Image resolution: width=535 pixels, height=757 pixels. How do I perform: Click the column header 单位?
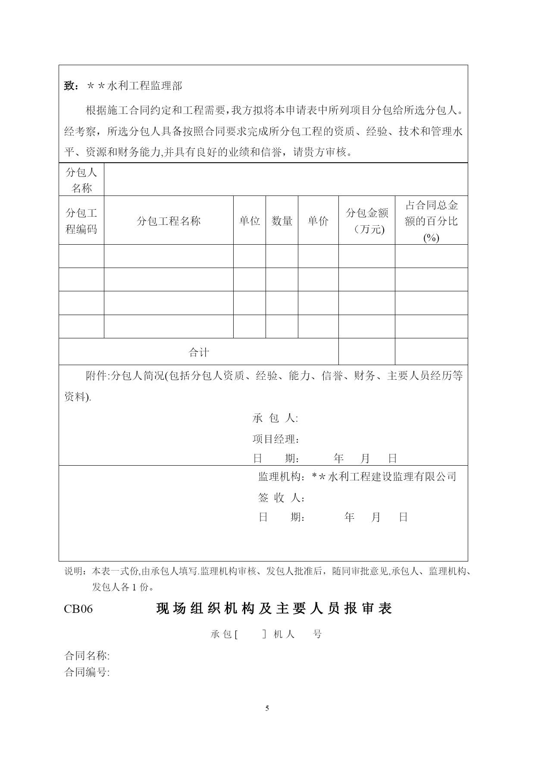250,221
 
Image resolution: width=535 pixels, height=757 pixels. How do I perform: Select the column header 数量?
282,221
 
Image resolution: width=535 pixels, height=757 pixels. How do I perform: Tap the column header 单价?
318,221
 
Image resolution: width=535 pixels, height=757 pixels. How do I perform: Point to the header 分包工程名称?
169,221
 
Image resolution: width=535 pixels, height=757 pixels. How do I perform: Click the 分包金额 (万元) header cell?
367,221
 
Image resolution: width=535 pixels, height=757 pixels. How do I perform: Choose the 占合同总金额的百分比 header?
431,221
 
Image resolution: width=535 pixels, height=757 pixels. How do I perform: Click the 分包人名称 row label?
81,180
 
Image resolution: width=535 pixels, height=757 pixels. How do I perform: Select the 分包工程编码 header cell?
81,221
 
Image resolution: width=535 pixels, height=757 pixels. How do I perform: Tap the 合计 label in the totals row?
199,352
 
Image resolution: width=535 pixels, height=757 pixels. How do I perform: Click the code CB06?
78,609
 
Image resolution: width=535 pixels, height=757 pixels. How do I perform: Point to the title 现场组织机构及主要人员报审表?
274,609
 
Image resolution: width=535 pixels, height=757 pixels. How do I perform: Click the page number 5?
267,708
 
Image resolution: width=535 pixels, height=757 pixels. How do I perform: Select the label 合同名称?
87,656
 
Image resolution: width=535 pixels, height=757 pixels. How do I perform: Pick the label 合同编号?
87,672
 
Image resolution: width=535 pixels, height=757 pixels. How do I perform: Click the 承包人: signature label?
275,418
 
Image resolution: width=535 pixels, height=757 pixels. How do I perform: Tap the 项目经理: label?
276,439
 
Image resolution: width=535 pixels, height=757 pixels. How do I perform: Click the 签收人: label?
282,498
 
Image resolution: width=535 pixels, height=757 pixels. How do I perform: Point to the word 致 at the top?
69,86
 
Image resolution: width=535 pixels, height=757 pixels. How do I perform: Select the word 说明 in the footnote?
75,571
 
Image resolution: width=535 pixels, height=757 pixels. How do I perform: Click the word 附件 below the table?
97,376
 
